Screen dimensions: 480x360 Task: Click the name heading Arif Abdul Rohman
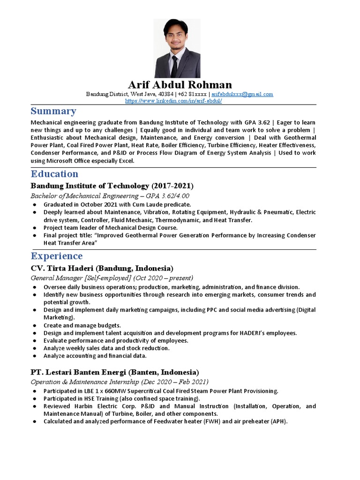click(x=180, y=85)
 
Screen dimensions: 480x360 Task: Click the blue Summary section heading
click(x=53, y=111)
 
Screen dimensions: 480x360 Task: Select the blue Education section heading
click(x=54, y=174)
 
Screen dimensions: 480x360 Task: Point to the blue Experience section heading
click(x=57, y=256)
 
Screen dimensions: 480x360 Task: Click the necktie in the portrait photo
click(x=174, y=67)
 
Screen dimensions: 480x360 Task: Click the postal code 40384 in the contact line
click(x=165, y=94)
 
